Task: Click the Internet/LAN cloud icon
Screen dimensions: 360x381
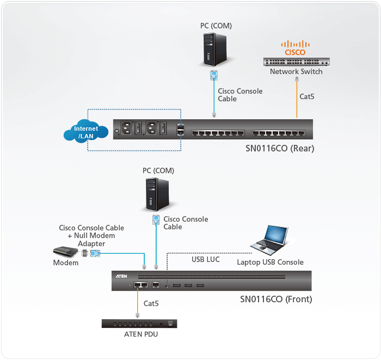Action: pos(87,132)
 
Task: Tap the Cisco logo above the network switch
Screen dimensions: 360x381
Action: pos(296,47)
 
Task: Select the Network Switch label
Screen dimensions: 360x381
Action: pos(296,71)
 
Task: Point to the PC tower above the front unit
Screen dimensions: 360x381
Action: pos(155,195)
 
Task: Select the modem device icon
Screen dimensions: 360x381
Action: pos(66,252)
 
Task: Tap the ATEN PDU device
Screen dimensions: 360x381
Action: pos(140,323)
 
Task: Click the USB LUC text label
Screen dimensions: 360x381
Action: pos(206,259)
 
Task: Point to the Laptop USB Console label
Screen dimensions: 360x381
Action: pos(270,262)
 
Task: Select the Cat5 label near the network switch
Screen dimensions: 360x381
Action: pos(307,96)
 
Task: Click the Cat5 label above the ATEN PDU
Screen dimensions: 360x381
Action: pos(151,303)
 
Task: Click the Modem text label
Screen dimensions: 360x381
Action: pos(66,263)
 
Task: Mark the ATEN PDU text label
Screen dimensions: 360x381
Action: pos(140,334)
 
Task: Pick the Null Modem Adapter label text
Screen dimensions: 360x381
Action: pos(91,236)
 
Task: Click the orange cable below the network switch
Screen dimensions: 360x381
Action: pos(297,98)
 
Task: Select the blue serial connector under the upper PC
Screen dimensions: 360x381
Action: pos(214,76)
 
